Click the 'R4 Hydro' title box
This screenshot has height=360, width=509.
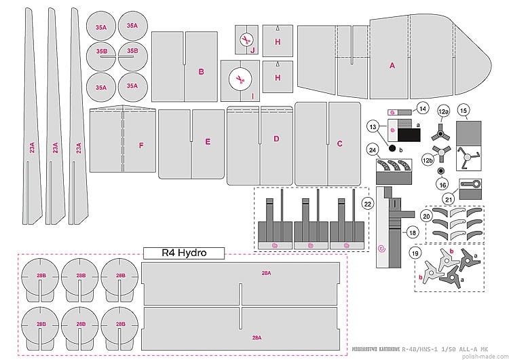(183, 253)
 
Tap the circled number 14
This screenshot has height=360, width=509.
(422, 108)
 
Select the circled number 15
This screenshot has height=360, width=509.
(464, 110)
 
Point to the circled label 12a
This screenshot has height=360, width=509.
(443, 110)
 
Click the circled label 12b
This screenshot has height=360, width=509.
(428, 160)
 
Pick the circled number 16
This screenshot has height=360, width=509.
(442, 183)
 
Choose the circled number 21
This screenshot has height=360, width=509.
(449, 198)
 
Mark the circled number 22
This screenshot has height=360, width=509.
(368, 202)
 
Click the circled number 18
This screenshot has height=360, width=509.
(413, 232)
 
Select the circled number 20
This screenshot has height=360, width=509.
(426, 215)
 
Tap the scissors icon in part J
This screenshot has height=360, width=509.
(246, 41)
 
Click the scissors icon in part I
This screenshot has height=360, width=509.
(239, 79)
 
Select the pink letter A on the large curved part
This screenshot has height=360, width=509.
(392, 66)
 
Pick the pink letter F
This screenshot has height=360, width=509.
(141, 145)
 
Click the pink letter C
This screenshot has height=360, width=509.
(339, 143)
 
